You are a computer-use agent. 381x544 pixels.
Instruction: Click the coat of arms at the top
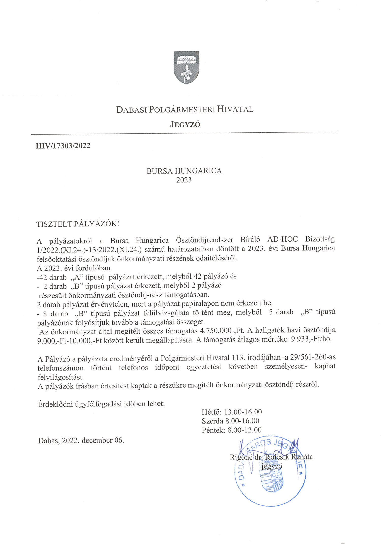click(x=186, y=67)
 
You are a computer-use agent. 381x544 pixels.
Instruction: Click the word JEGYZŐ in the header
click(x=185, y=124)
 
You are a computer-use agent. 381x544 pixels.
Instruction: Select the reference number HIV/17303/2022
click(x=63, y=146)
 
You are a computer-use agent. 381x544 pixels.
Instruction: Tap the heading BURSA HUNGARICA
click(x=184, y=171)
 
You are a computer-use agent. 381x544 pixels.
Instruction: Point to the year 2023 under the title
click(x=184, y=180)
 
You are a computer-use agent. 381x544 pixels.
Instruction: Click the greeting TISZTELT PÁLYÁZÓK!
click(x=78, y=224)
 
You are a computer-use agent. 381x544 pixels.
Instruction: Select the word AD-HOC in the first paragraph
click(x=282, y=239)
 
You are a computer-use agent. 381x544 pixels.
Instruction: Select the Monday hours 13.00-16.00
click(x=243, y=412)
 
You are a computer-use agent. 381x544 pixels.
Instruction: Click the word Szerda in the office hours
click(x=212, y=421)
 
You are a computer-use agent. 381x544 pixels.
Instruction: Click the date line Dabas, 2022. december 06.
click(x=81, y=440)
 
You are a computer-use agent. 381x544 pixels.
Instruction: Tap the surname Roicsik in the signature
click(x=277, y=457)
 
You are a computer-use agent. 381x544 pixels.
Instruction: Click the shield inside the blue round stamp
click(x=271, y=480)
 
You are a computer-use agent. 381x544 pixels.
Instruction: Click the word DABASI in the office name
click(x=131, y=109)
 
